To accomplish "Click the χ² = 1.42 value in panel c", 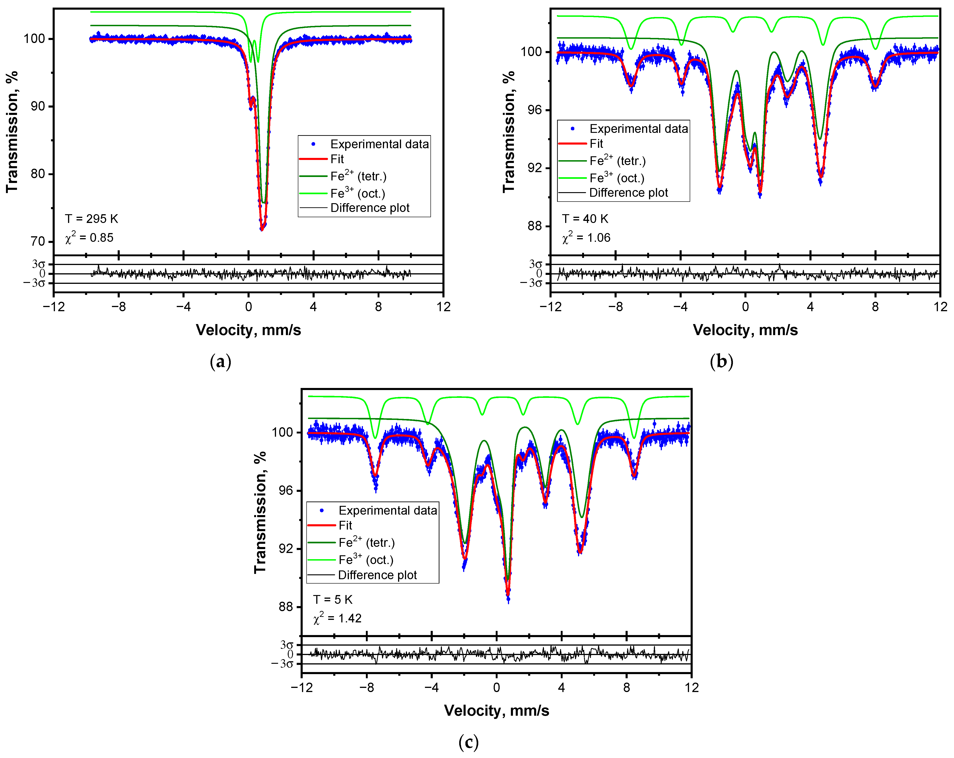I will pos(338,618).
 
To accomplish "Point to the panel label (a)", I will pos(220,362).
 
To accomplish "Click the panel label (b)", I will pos(721,362).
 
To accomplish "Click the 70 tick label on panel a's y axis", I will pos(38,242).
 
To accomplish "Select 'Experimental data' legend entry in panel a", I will pos(379,144).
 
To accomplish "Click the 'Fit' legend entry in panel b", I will pos(596,144).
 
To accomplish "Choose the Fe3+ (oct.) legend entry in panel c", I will pos(366,560).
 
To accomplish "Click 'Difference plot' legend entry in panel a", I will pos(370,208).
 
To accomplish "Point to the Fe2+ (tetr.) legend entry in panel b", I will pos(617,161).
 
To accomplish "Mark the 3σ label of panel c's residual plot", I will pos(287,645).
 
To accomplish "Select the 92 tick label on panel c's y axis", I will pos(286,549).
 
